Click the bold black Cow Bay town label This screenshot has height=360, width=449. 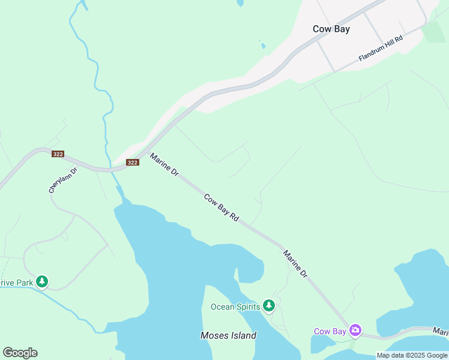coord(331,29)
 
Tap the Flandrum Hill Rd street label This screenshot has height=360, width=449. coord(380,48)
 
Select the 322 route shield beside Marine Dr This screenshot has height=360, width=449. coord(133,163)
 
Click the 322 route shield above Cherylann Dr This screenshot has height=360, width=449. coord(58,154)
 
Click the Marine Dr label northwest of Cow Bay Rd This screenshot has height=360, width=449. coord(164,164)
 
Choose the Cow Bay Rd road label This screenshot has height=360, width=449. coord(221,208)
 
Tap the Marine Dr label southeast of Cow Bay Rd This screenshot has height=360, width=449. coord(295,264)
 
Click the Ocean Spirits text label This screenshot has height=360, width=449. coord(235,307)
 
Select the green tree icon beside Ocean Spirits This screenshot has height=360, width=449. coord(269,306)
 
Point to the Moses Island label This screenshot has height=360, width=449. coord(228,335)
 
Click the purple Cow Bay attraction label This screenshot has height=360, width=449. coord(330,331)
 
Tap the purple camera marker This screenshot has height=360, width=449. coord(355,330)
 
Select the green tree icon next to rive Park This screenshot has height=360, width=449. coord(41,281)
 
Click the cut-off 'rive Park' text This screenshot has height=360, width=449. coord(16,282)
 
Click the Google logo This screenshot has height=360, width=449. coord(20,353)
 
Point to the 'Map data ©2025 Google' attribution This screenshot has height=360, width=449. coord(412,355)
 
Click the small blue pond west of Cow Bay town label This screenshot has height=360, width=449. coord(262,45)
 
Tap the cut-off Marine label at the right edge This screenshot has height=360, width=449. coord(441,331)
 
